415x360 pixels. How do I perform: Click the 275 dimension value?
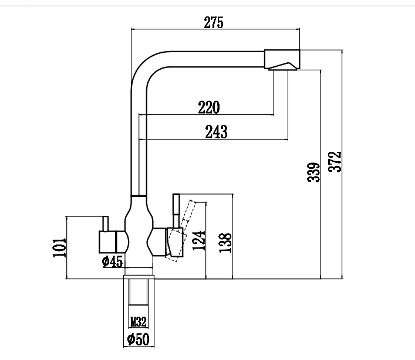tap(214, 22)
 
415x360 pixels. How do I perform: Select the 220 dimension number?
tap(208, 107)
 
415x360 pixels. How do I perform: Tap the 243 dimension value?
tap(216, 132)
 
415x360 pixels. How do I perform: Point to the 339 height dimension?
tap(313, 172)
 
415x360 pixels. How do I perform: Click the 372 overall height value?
tap(335, 162)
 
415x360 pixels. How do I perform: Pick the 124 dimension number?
tap(200, 241)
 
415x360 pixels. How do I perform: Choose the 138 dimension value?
tap(226, 242)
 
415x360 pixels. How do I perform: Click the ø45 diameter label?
tap(112, 261)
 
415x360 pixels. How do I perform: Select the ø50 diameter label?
tap(138, 339)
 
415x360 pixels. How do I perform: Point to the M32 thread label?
tap(138, 322)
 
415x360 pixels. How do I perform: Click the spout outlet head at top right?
tap(283, 60)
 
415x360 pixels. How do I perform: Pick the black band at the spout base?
tap(139, 195)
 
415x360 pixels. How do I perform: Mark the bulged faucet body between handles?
tap(139, 232)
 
